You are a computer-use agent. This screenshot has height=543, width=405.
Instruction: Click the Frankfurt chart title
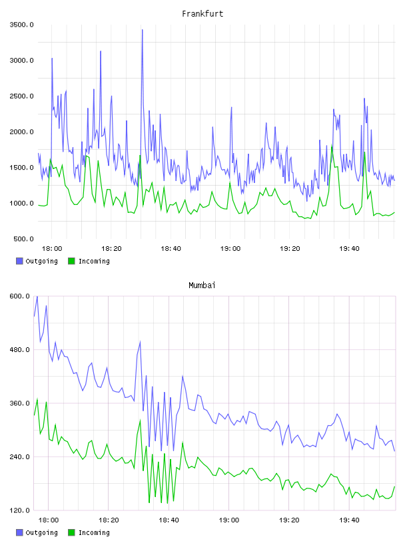click(x=202, y=14)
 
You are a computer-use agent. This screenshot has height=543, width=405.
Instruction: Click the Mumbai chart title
click(x=202, y=285)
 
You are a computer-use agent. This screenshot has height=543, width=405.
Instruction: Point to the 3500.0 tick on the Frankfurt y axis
click(x=21, y=25)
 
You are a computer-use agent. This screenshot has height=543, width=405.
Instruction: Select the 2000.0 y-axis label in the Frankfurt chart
click(x=21, y=132)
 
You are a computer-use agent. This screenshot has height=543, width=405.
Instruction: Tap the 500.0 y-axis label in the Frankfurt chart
click(x=23, y=239)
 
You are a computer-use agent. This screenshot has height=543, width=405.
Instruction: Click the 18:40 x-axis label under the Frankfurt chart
click(x=171, y=248)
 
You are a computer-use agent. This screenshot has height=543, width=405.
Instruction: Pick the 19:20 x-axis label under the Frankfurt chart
click(x=290, y=248)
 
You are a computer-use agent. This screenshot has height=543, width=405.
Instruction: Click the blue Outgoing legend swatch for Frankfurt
click(x=19, y=261)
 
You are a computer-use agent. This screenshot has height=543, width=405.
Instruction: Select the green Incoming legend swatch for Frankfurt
click(x=71, y=261)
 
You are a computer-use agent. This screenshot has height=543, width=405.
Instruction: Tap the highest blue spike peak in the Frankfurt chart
click(x=142, y=30)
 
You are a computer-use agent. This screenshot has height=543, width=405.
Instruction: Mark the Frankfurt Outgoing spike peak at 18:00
click(x=52, y=59)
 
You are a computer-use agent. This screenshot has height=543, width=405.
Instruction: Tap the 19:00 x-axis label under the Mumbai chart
click(x=229, y=520)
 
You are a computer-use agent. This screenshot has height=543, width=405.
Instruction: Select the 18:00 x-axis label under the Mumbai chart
click(x=48, y=520)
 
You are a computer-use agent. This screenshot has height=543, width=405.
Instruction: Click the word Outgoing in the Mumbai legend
click(x=41, y=532)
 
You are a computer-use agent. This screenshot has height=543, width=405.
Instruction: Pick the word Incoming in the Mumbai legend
click(x=94, y=532)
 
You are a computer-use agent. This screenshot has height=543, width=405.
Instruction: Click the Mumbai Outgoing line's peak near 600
click(x=37, y=297)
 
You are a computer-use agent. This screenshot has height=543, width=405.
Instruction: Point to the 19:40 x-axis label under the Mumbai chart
click(x=349, y=520)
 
